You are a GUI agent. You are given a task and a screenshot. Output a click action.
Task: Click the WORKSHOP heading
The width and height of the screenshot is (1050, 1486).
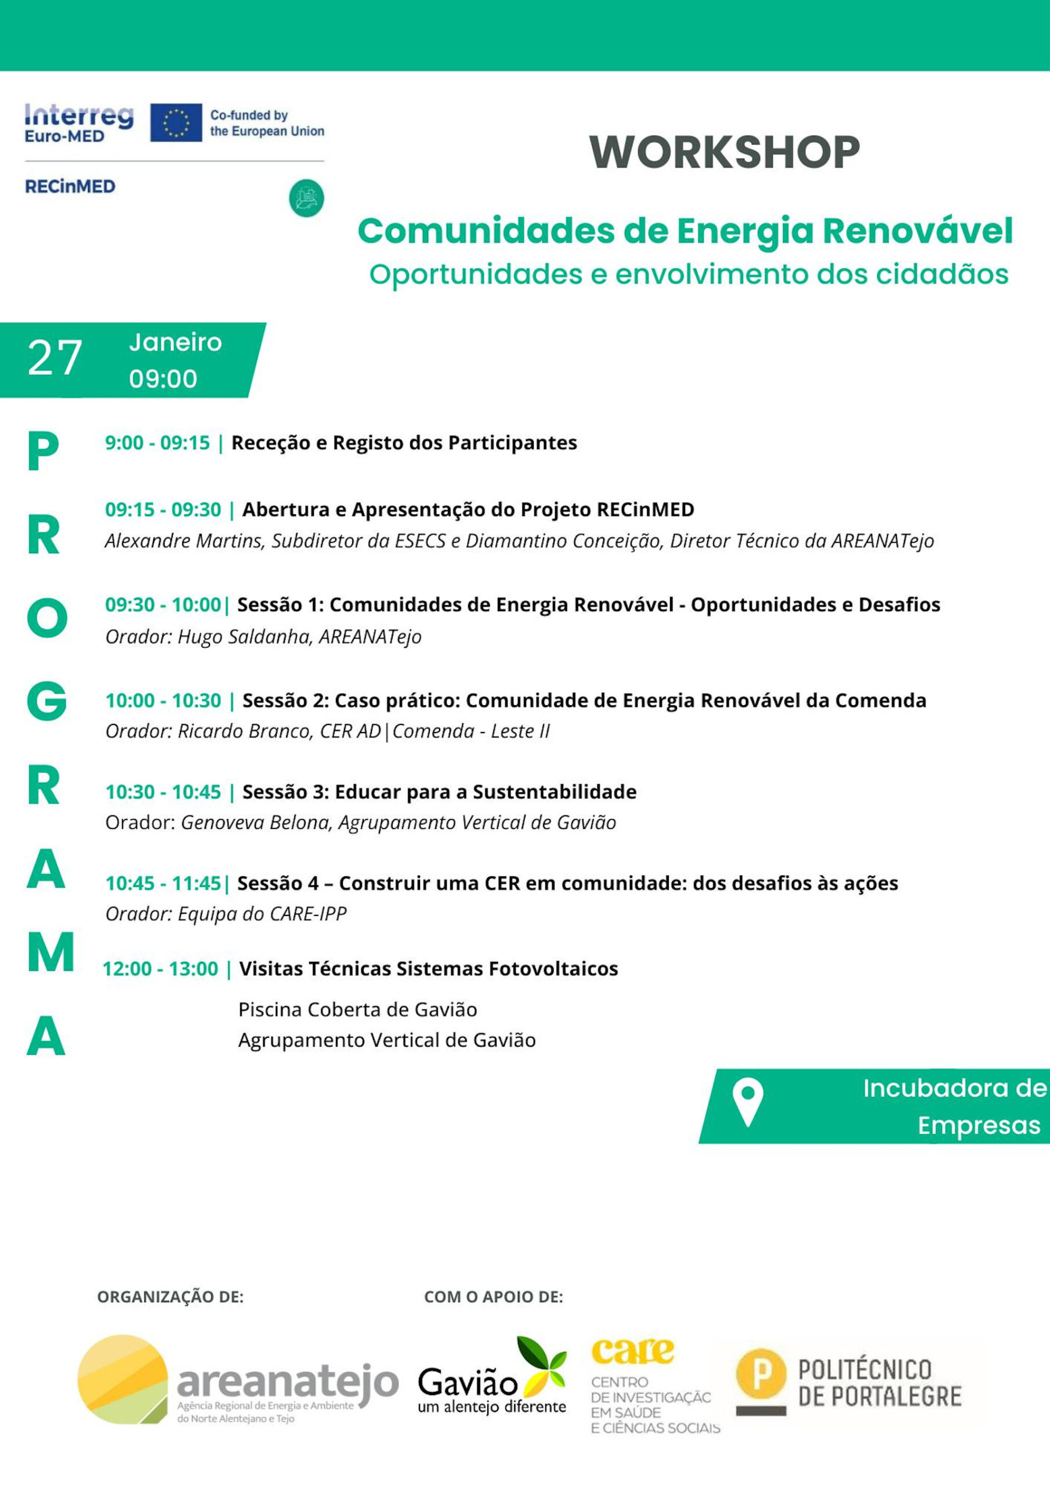pyautogui.click(x=725, y=152)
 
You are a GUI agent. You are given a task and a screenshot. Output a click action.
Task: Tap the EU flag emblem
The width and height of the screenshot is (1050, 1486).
pyautogui.click(x=176, y=122)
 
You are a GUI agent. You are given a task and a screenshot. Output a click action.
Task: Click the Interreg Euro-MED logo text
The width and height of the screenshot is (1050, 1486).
pyautogui.click(x=79, y=122)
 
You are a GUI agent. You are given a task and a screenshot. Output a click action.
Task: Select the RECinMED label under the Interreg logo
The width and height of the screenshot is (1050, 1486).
pyautogui.click(x=70, y=186)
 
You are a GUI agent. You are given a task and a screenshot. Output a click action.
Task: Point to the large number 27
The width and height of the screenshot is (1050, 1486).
pyautogui.click(x=55, y=358)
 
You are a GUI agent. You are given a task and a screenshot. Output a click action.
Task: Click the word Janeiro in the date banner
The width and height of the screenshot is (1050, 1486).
pyautogui.click(x=175, y=342)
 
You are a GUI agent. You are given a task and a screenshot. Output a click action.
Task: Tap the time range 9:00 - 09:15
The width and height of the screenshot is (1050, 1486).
pyautogui.click(x=157, y=443)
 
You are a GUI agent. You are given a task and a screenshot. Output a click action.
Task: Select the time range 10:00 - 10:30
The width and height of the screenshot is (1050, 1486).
pyautogui.click(x=163, y=700)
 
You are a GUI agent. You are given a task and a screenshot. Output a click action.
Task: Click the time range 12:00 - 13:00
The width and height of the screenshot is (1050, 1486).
pyautogui.click(x=161, y=969)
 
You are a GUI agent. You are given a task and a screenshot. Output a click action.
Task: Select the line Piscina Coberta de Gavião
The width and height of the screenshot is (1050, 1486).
pyautogui.click(x=357, y=1009)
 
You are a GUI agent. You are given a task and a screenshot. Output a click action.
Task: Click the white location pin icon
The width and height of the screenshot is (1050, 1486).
pyautogui.click(x=747, y=1102)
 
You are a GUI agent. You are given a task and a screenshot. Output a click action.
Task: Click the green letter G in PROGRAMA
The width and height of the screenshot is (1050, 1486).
pyautogui.click(x=46, y=702)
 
